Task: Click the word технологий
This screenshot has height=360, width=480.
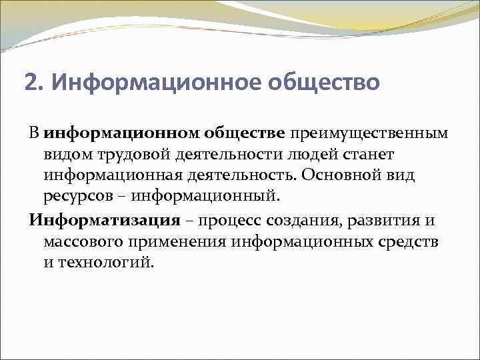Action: (107, 263)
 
